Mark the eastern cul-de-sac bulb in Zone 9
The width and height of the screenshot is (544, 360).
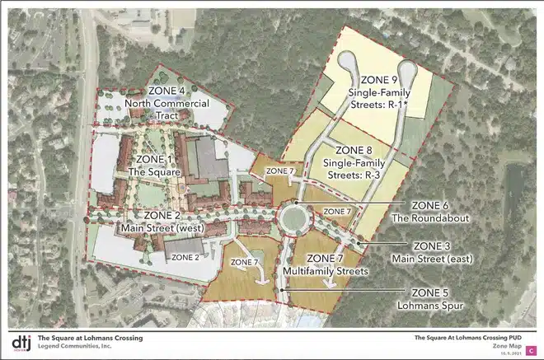[406, 69]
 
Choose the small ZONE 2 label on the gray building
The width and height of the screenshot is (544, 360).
[186, 257]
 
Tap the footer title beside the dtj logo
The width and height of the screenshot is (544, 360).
[90, 338]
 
